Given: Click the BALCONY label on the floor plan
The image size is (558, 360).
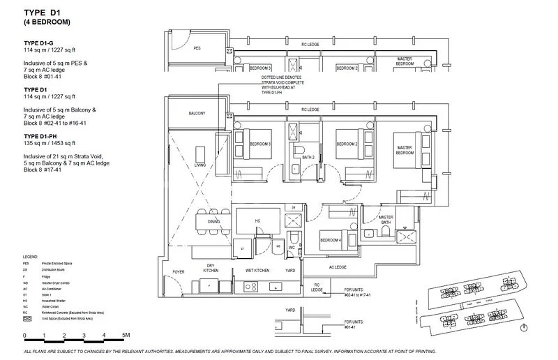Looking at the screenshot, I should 196,114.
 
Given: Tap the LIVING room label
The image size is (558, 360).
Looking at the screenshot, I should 200,165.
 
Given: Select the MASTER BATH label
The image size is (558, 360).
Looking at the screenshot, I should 386,220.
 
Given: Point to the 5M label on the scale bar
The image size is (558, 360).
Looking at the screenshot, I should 126,336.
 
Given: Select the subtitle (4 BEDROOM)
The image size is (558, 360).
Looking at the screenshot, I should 47,23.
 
